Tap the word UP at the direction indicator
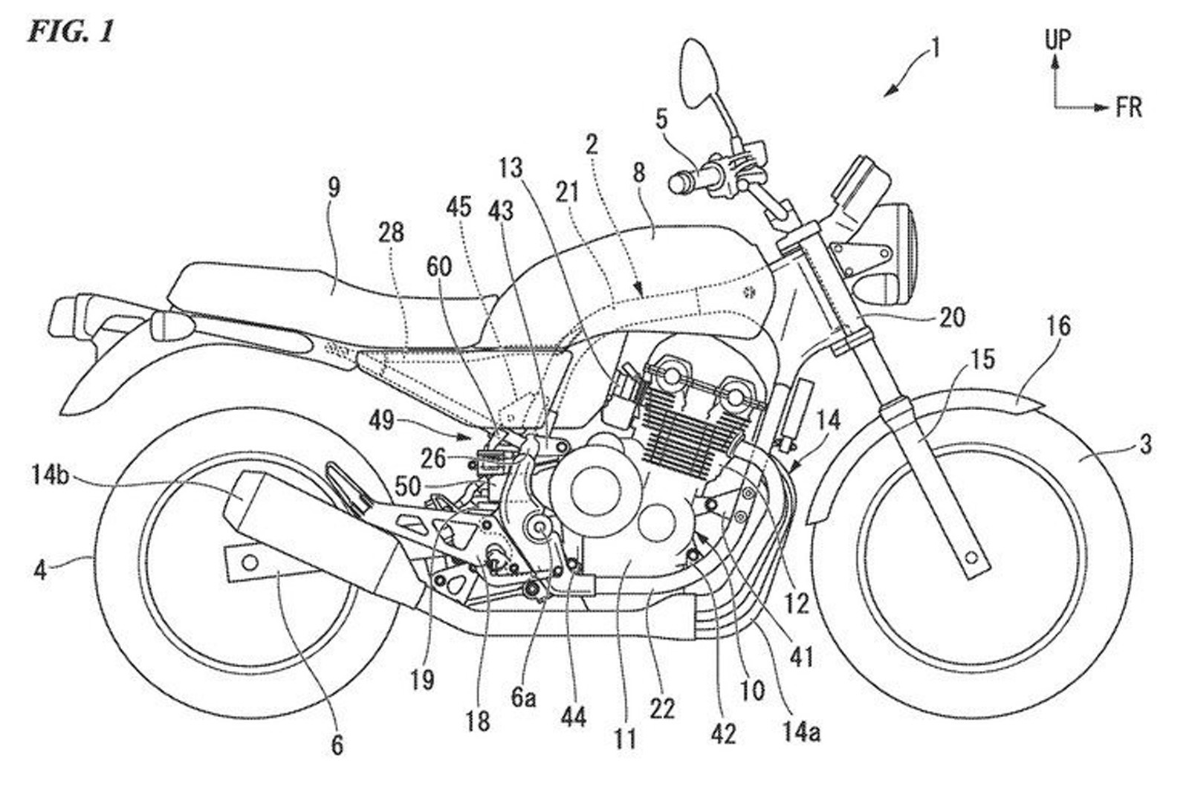[x=1057, y=39]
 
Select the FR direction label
[x=1128, y=108]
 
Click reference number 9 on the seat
[x=333, y=187]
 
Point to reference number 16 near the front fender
[x=1059, y=326]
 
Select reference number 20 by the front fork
[x=951, y=317]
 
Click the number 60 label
[x=438, y=267]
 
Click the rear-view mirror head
[x=699, y=71]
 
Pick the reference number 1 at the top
[x=935, y=50]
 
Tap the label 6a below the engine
[x=523, y=698]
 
